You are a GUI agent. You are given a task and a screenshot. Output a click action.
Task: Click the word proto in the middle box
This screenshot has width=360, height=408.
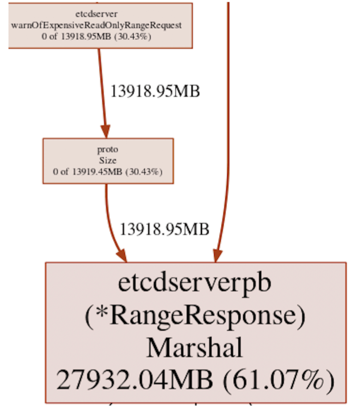pyautogui.click(x=108, y=150)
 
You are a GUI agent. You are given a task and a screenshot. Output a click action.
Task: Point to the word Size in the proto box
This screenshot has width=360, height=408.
pyautogui.click(x=108, y=160)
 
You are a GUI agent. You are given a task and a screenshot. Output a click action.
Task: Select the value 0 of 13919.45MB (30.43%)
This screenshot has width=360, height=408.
pyautogui.click(x=108, y=171)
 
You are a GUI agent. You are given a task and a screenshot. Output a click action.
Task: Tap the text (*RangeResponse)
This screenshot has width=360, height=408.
pyautogui.click(x=195, y=316)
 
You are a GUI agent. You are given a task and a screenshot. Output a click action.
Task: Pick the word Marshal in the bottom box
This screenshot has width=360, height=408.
pyautogui.click(x=195, y=348)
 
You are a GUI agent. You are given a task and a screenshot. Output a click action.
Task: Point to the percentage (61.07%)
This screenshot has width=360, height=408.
pyautogui.click(x=278, y=381)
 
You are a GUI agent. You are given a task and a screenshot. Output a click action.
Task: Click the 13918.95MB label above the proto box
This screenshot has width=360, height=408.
pyautogui.click(x=155, y=91)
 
